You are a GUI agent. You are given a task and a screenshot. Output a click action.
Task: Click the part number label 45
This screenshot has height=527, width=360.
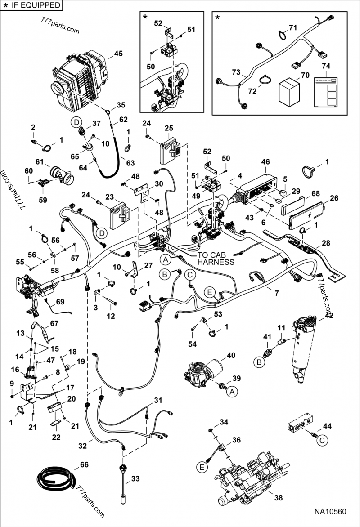118,54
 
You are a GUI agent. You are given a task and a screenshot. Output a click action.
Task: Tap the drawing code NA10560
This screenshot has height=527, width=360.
331,512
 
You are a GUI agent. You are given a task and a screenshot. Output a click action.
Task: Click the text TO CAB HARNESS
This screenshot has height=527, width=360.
216,259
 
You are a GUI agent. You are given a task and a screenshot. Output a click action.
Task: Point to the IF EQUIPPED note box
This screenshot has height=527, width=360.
31,5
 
